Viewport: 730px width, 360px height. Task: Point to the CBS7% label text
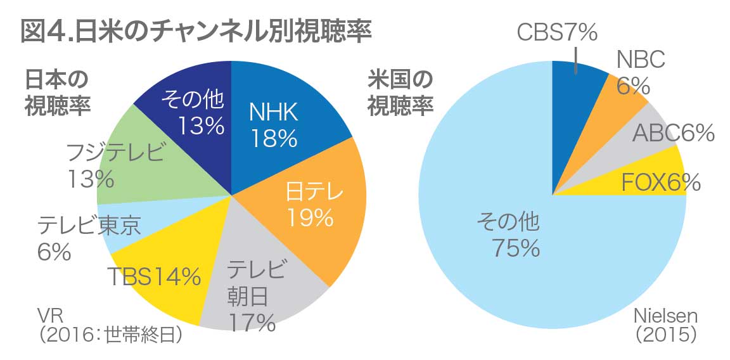click(x=558, y=32)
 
